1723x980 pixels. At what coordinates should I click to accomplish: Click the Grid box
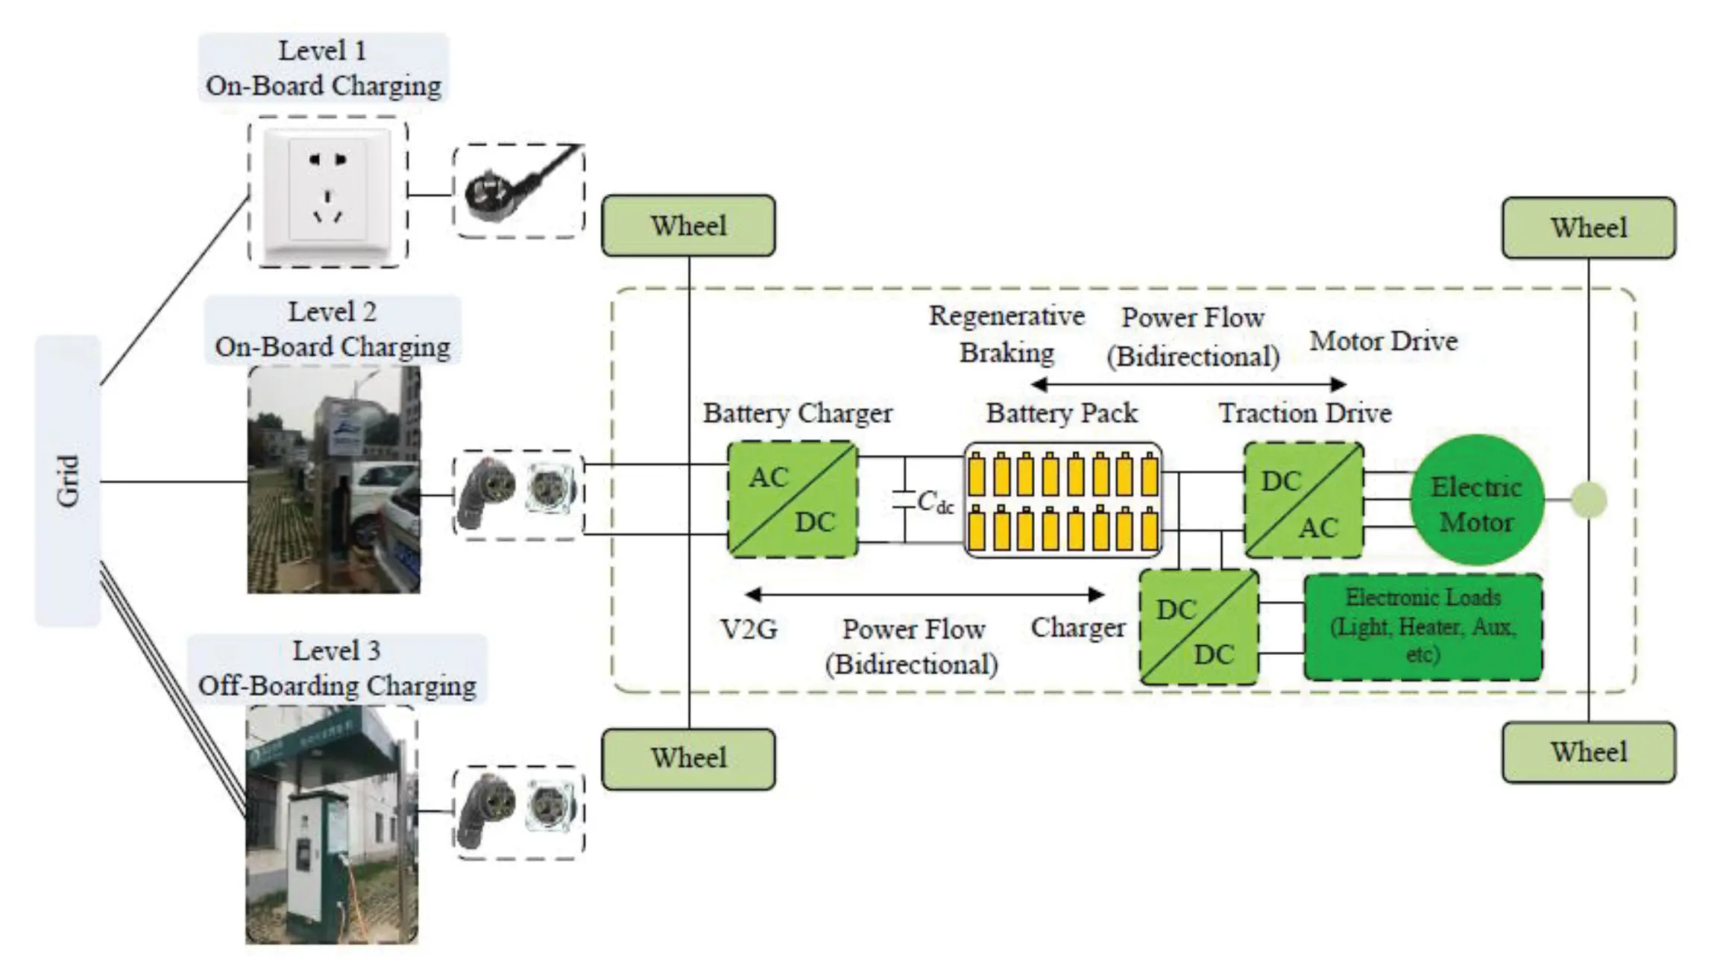pos(68,481)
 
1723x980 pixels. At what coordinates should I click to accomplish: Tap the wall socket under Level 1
pos(328,192)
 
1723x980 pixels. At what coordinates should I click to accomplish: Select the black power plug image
pos(518,191)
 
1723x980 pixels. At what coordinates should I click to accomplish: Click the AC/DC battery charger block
pos(793,500)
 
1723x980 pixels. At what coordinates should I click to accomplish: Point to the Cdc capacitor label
pos(935,502)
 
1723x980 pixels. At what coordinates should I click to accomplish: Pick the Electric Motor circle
pos(1476,500)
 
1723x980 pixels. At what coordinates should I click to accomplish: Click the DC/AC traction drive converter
pos(1303,500)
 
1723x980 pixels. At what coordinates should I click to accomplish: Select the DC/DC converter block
pos(1199,628)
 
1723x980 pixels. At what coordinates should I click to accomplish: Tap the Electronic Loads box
pos(1423,627)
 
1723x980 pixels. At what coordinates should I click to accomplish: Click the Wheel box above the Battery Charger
pos(688,226)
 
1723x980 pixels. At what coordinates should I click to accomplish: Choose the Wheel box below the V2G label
pos(688,758)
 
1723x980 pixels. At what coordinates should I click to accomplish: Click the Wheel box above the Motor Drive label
pos(1588,228)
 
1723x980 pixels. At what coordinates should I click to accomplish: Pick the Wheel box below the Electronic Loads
pos(1588,753)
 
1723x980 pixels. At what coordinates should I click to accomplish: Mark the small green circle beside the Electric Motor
pos(1588,500)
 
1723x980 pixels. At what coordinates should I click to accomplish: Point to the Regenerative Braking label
pos(1007,334)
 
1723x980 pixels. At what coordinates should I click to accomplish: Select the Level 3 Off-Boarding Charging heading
pos(337,668)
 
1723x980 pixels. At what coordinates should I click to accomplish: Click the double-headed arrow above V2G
pos(925,594)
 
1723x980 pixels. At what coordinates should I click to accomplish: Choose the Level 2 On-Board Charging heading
pos(333,330)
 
